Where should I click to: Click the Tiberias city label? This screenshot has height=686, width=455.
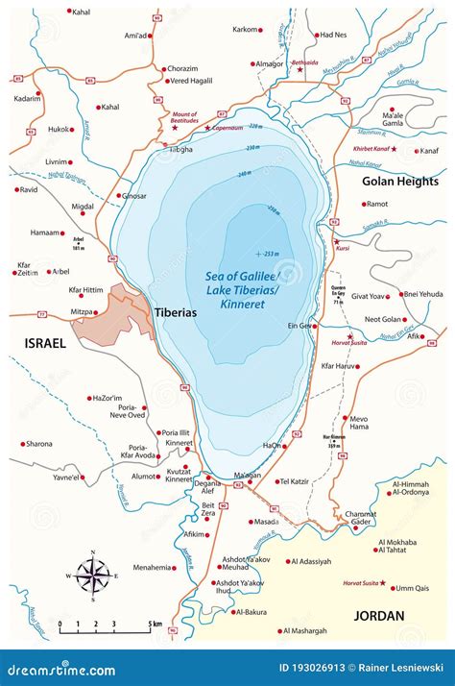(x=179, y=312)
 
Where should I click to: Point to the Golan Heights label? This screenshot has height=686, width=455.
(x=400, y=182)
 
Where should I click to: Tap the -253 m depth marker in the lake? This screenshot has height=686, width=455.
(x=270, y=254)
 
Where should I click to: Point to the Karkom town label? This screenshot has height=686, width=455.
(x=245, y=30)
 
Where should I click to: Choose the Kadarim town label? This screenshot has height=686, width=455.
(x=27, y=99)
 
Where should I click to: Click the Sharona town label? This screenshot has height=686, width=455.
(x=39, y=444)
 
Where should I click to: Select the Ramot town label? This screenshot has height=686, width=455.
(x=377, y=204)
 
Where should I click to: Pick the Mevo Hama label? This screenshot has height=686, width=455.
(x=358, y=424)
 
